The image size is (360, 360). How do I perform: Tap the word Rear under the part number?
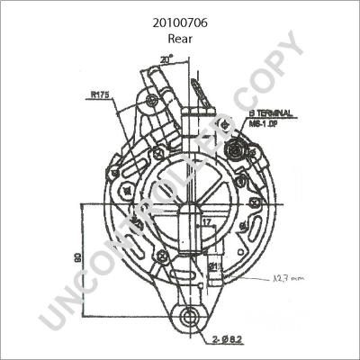click(x=180, y=39)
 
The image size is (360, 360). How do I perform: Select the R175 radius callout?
click(x=100, y=93)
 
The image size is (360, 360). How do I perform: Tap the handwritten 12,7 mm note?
click(x=290, y=280)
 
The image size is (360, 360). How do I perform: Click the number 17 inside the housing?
click(x=206, y=220)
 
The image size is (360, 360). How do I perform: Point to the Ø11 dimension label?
click(x=215, y=267)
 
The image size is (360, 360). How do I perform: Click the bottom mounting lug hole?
click(x=186, y=318)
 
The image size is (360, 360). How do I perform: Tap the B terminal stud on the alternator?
click(x=237, y=147)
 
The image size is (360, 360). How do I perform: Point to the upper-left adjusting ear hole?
click(x=152, y=101)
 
